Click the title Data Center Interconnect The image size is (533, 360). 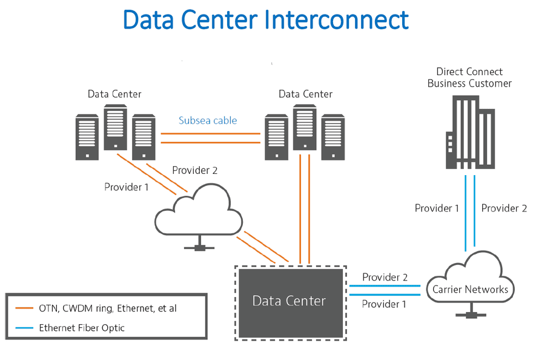pos(266,20)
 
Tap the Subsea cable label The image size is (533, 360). pos(208,121)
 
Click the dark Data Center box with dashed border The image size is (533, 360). pos(291,303)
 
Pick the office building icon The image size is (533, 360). pos(470,132)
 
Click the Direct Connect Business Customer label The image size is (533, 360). pos(469,78)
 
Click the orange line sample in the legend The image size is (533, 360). pos(24,308)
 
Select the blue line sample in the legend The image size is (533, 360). pos(24,328)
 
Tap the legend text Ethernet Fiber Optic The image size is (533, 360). pos(82,328)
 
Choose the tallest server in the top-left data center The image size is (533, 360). pos(115,127)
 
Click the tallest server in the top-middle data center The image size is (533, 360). pos(305,127)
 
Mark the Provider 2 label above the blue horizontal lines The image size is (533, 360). pos(385,278)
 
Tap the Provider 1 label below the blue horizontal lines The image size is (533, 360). pos(384,304)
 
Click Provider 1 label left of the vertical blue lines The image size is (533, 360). pos(437,208)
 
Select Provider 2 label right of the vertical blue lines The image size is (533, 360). pos(504,208)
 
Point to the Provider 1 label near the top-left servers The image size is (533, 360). pos(127,187)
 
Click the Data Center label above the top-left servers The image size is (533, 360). pos(114,94)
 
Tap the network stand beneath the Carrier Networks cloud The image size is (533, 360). pos(471,311)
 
